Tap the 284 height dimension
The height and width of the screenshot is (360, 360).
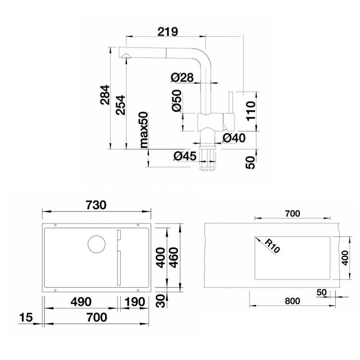coord(105,95)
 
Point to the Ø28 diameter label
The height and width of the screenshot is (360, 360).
coord(182,77)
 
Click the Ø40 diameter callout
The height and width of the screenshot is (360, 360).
coord(234,138)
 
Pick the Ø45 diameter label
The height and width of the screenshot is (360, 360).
coord(185,156)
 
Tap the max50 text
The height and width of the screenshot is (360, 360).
coord(144,130)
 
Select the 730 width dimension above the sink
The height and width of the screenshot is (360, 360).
coord(96,205)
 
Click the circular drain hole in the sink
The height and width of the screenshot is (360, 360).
coord(96,244)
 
